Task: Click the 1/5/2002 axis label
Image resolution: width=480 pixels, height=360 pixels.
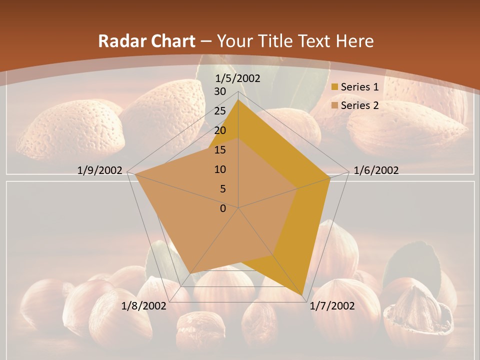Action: click(237, 78)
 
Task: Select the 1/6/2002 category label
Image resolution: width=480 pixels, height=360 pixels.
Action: click(376, 170)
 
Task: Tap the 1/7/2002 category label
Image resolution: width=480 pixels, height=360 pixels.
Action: click(332, 305)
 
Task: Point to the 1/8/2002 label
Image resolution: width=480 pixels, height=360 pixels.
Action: click(144, 305)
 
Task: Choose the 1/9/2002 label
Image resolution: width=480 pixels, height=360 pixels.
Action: click(100, 170)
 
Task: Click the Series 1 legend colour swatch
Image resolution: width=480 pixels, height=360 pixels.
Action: click(334, 87)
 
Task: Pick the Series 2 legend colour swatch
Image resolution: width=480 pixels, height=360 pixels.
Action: click(334, 105)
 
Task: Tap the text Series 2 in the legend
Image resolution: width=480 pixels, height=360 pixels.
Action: click(359, 105)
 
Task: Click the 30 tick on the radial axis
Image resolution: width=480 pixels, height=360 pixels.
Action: click(220, 91)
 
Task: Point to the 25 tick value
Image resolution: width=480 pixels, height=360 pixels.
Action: click(220, 111)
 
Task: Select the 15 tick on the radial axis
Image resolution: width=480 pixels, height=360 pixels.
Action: click(220, 150)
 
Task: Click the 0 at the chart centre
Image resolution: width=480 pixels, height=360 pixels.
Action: click(223, 208)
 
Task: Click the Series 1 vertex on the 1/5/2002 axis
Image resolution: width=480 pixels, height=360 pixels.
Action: click(238, 100)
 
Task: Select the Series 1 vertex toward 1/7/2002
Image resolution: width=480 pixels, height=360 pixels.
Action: click(303, 295)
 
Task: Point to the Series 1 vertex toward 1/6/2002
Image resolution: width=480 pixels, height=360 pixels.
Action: click(330, 178)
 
